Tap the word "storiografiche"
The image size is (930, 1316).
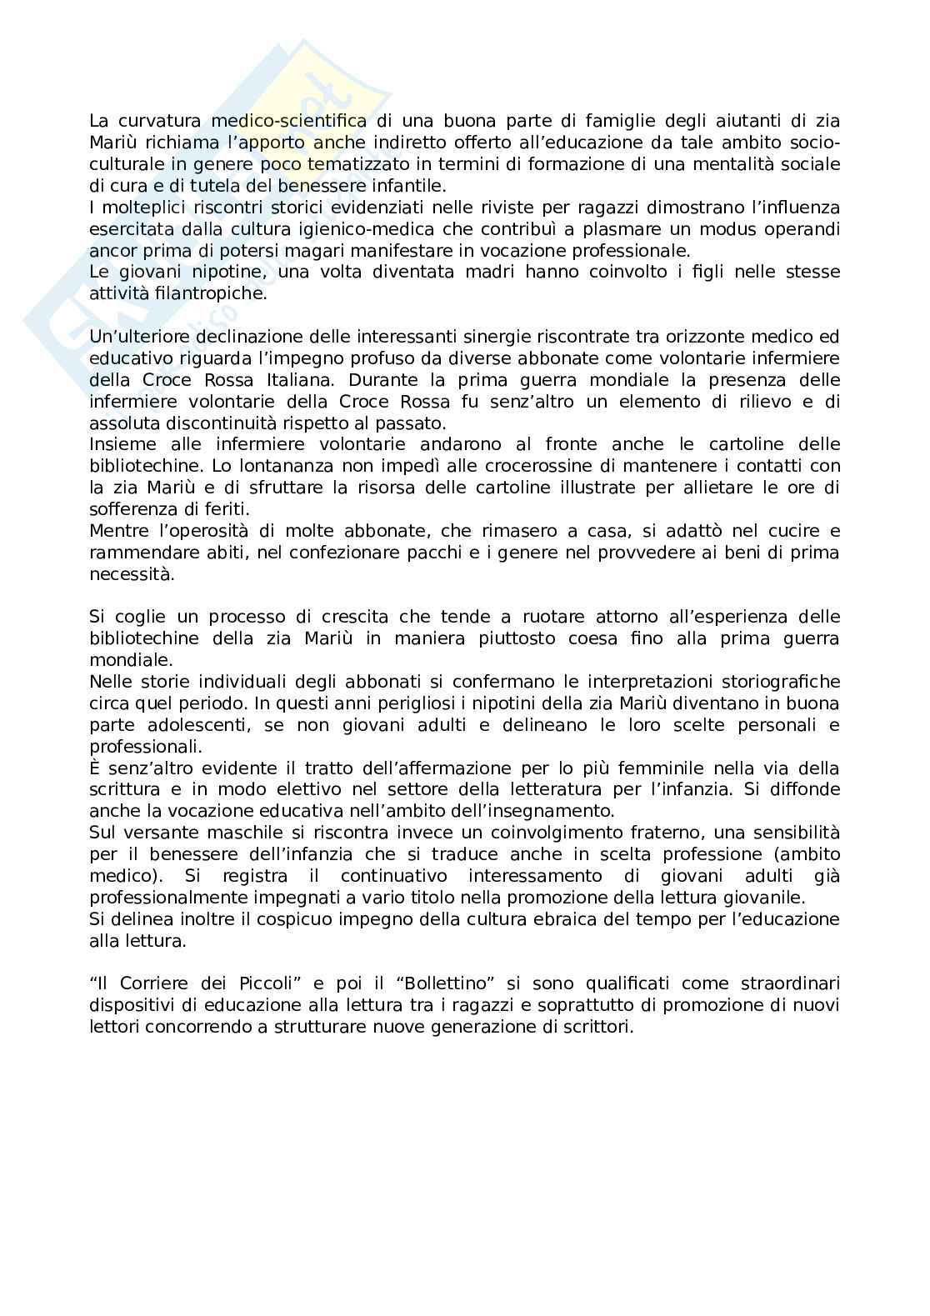pos(779,682)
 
